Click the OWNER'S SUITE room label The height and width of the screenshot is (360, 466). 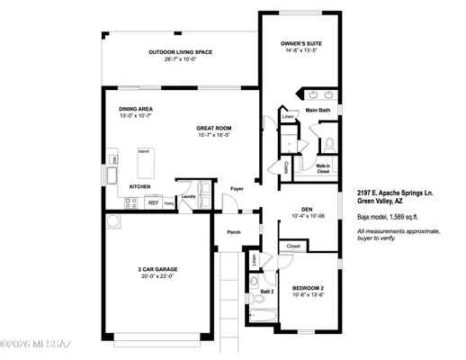pyautogui.click(x=302, y=43)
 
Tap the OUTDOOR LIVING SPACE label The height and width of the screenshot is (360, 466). pyautogui.click(x=180, y=52)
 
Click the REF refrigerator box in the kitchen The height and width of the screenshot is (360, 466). pyautogui.click(x=153, y=203)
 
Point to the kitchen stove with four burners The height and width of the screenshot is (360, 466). pyautogui.click(x=130, y=203)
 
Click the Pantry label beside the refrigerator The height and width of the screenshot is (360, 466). pyautogui.click(x=168, y=204)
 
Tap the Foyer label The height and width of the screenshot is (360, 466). pyautogui.click(x=237, y=189)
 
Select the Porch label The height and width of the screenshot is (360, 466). pyautogui.click(x=234, y=232)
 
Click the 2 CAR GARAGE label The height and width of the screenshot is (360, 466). pyautogui.click(x=157, y=269)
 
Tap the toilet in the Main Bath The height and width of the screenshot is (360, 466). pyautogui.click(x=328, y=142)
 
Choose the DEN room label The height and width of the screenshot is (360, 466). pyautogui.click(x=306, y=209)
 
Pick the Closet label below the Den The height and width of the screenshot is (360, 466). pyautogui.click(x=293, y=245)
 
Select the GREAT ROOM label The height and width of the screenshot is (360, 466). pyautogui.click(x=214, y=128)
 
